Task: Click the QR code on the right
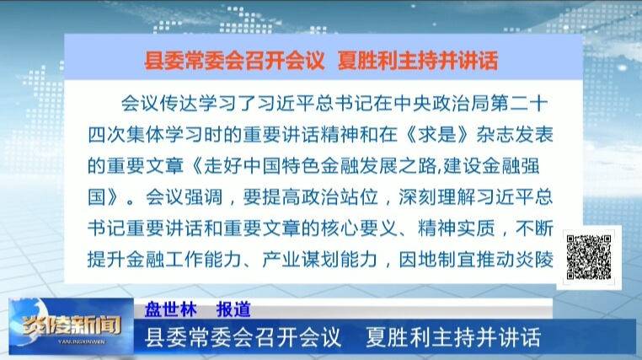coord(588,256)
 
